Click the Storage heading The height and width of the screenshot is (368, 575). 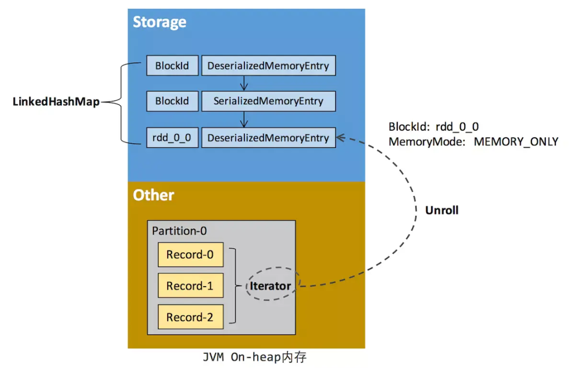click(x=159, y=22)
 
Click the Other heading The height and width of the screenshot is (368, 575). click(x=153, y=195)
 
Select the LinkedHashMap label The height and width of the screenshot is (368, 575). click(x=56, y=102)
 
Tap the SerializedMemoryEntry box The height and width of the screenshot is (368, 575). click(x=268, y=101)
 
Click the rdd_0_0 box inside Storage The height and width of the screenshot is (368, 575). click(x=172, y=138)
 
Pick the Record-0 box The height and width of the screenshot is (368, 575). click(x=190, y=255)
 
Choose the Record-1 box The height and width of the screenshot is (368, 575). click(x=190, y=286)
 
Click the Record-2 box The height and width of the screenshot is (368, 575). click(x=190, y=317)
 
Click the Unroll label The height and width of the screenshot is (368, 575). click(x=441, y=210)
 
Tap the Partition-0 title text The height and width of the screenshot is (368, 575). click(x=179, y=231)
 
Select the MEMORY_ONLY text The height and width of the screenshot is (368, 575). click(x=516, y=141)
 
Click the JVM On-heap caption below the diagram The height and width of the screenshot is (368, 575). click(x=254, y=357)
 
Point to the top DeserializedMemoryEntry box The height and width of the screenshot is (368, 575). click(x=268, y=65)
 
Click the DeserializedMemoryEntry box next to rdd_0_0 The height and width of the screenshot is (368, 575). click(x=268, y=138)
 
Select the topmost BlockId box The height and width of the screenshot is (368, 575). click(x=172, y=65)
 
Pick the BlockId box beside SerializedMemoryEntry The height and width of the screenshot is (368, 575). click(x=172, y=101)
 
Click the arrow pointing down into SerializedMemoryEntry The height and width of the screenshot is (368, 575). click(x=244, y=83)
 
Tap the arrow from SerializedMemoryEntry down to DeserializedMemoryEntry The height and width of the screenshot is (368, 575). click(x=244, y=119)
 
